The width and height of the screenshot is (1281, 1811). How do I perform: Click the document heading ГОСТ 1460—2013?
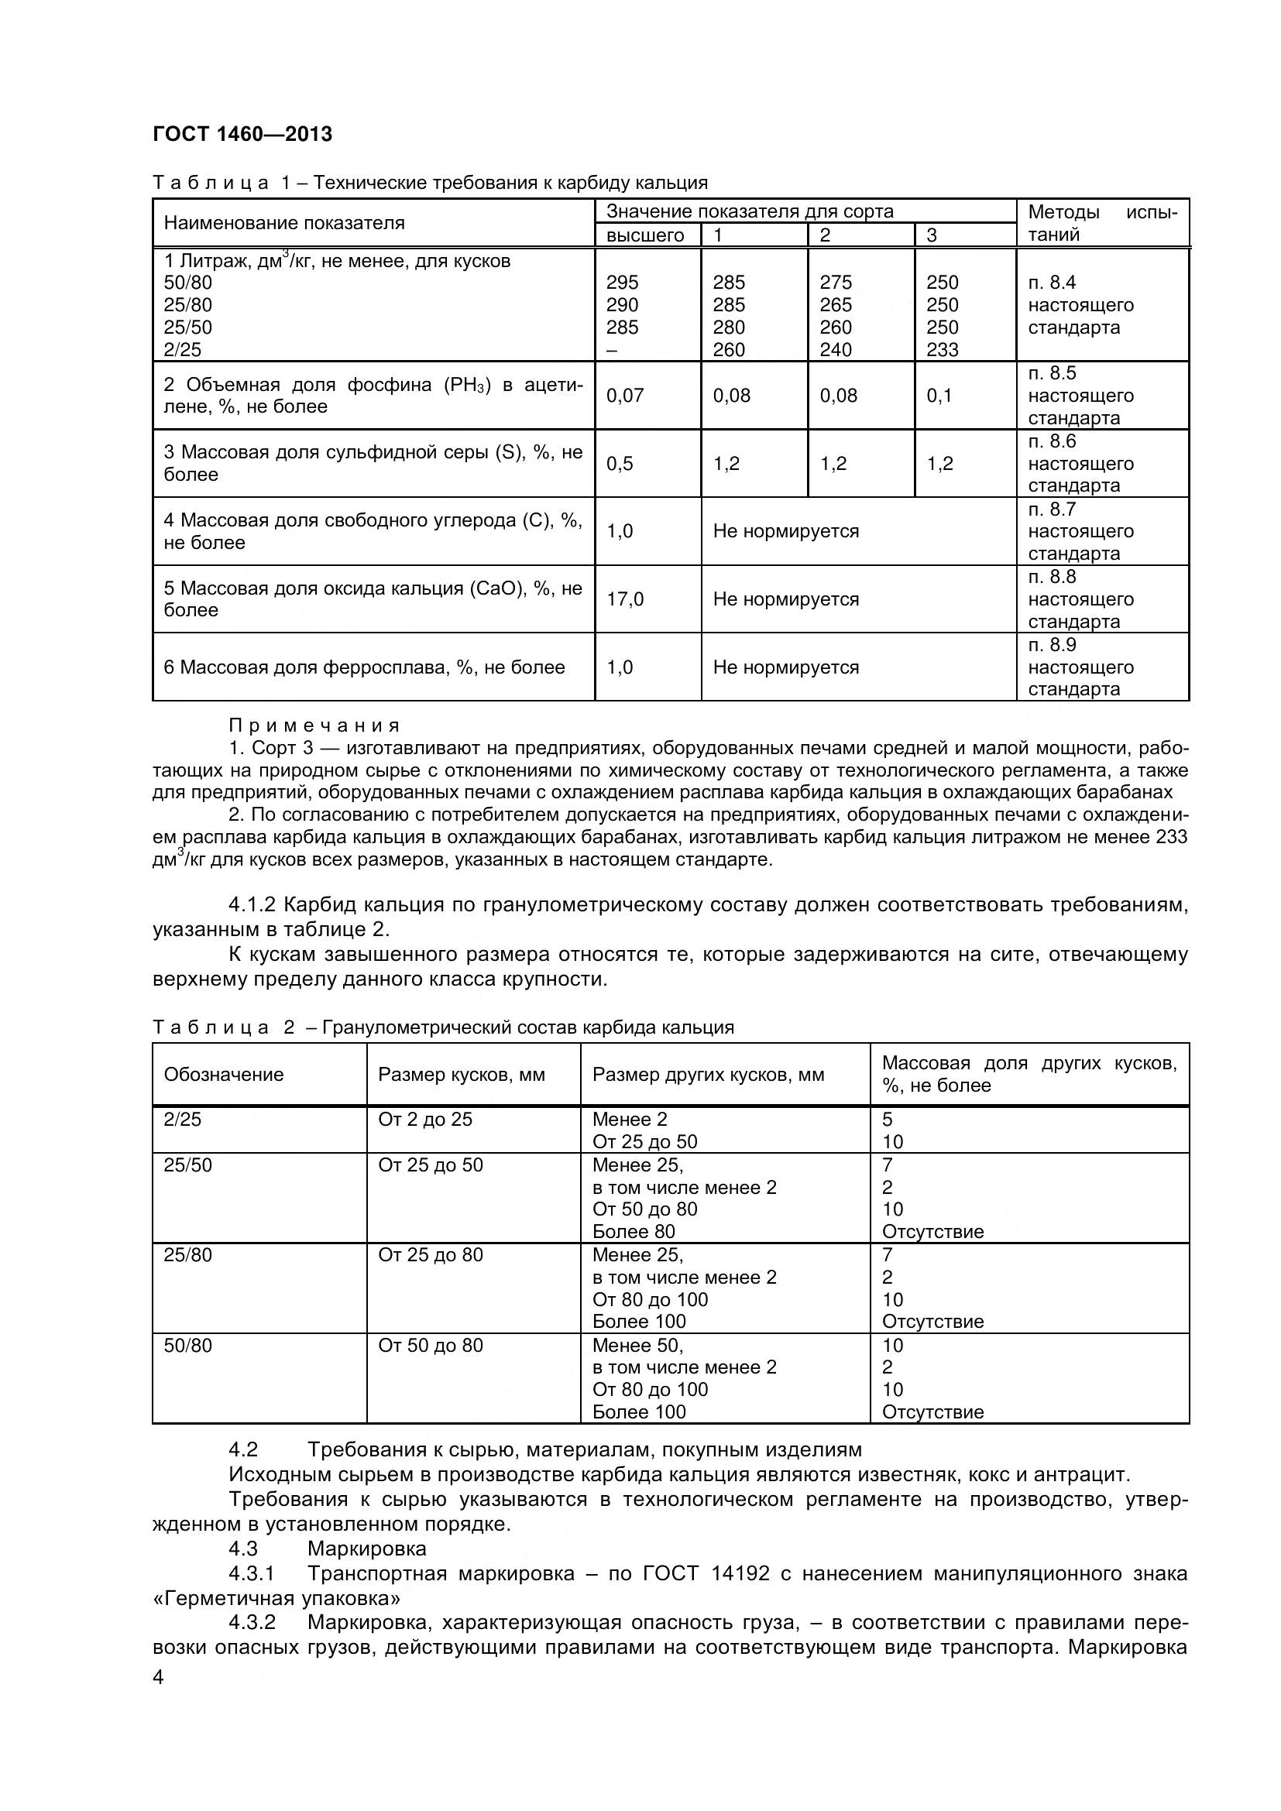[242, 134]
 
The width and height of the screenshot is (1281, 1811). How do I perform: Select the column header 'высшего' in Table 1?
[644, 235]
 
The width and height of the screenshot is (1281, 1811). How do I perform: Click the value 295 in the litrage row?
[623, 283]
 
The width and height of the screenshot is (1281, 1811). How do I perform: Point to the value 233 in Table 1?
[942, 349]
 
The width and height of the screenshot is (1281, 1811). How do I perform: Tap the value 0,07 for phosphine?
[625, 395]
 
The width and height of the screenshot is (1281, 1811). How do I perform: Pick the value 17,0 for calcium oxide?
[625, 599]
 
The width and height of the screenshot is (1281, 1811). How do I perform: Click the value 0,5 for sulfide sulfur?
[620, 463]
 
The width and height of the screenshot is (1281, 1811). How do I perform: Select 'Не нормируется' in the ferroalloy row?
[785, 667]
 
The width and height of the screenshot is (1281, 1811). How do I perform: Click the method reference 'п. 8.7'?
[1052, 509]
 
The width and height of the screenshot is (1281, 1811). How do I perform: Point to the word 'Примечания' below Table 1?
[314, 725]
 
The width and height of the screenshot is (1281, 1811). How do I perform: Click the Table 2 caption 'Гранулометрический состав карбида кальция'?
[527, 1027]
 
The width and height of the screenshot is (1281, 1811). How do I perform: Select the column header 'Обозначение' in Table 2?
[223, 1075]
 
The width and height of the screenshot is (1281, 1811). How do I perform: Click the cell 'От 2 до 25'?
[424, 1120]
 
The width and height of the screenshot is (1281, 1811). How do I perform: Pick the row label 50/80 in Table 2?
[187, 1346]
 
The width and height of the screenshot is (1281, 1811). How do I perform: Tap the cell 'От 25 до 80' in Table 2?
[430, 1255]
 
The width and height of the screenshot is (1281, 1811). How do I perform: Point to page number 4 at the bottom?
[158, 1677]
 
